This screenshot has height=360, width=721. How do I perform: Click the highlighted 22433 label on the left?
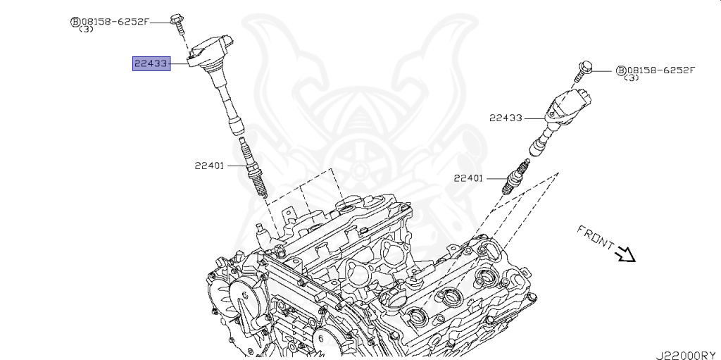(151, 64)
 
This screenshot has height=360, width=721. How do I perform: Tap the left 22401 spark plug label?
(209, 166)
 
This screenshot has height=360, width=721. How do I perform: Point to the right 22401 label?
(468, 178)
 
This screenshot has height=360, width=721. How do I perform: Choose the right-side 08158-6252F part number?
(660, 70)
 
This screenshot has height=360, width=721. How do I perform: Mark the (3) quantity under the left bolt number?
(86, 30)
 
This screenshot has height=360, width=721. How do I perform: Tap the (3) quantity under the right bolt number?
(631, 78)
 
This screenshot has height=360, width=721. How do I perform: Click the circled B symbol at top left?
(74, 22)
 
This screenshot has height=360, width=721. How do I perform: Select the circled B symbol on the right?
(620, 70)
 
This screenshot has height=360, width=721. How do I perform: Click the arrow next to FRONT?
(625, 254)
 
